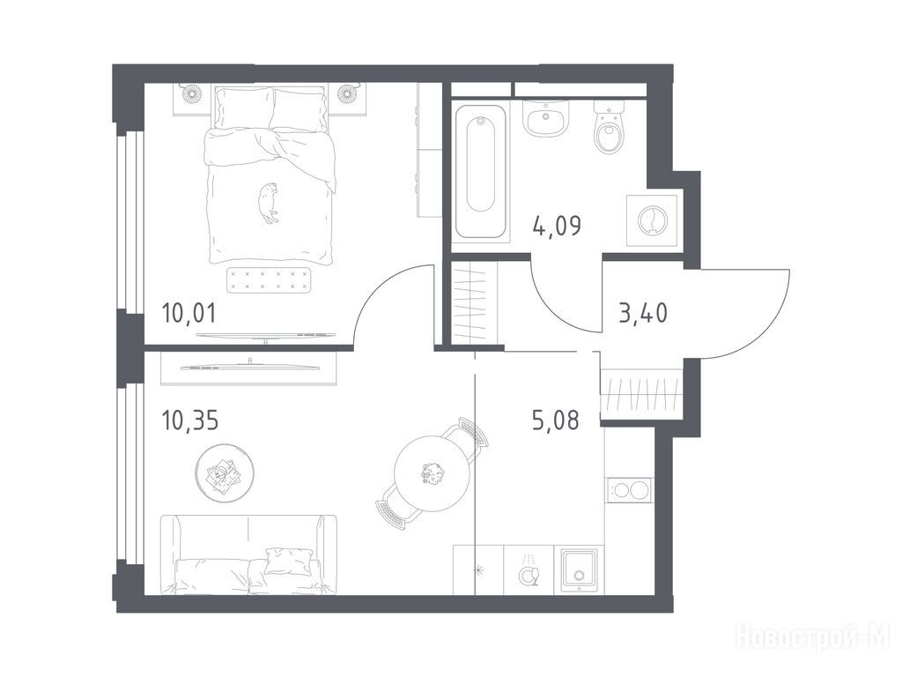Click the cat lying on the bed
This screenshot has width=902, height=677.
pos(268,203)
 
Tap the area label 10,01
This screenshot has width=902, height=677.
pos(189,314)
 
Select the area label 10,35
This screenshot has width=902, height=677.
pos(190,420)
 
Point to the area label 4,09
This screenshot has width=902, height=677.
pos(557,226)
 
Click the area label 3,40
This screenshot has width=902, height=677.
pos(643,314)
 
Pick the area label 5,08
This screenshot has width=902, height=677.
pos(556,420)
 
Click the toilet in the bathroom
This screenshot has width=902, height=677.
pos(609,127)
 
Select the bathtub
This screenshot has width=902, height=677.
pos(481,171)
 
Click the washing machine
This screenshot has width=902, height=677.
pos(651,220)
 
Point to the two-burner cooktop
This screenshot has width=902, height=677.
pos(629,491)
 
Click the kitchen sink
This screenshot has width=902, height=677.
pos(579,570)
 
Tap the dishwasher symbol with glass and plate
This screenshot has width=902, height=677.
pos(529,570)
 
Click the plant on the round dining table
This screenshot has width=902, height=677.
pos(432,474)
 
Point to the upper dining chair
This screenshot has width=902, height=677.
pos(471,434)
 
